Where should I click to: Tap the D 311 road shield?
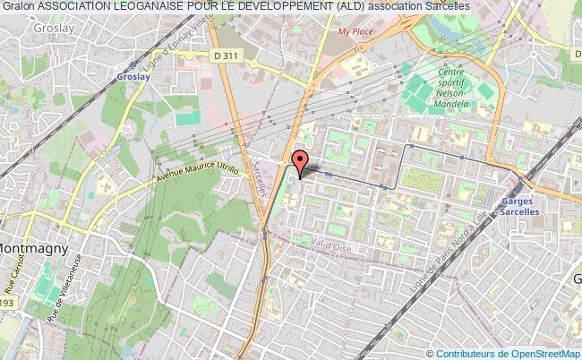227,56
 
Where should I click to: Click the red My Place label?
355,32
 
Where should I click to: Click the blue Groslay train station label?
132,76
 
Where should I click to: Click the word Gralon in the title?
17,6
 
